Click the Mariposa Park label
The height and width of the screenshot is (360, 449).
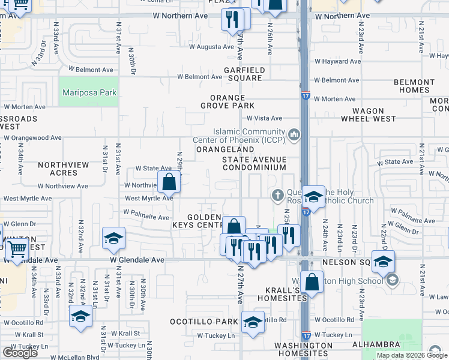pyautogui.click(x=89, y=93)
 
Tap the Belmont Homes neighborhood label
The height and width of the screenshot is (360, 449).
pyautogui.click(x=414, y=86)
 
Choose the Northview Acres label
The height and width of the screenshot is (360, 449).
pyautogui.click(x=63, y=169)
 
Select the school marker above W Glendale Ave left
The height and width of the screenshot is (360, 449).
pyautogui.click(x=113, y=238)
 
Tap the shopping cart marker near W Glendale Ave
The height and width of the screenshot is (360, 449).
pyautogui.click(x=17, y=249)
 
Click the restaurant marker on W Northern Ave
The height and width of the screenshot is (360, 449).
pyautogui.click(x=231, y=20)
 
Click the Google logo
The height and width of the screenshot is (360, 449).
pyautogui.click(x=20, y=353)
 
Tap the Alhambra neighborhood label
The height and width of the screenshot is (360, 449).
pyautogui.click(x=376, y=344)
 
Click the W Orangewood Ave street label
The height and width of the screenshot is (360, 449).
pyautogui.click(x=32, y=137)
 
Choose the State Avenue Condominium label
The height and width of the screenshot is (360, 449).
pyautogui.click(x=254, y=163)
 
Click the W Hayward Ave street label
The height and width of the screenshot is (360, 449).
pyautogui.click(x=338, y=61)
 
